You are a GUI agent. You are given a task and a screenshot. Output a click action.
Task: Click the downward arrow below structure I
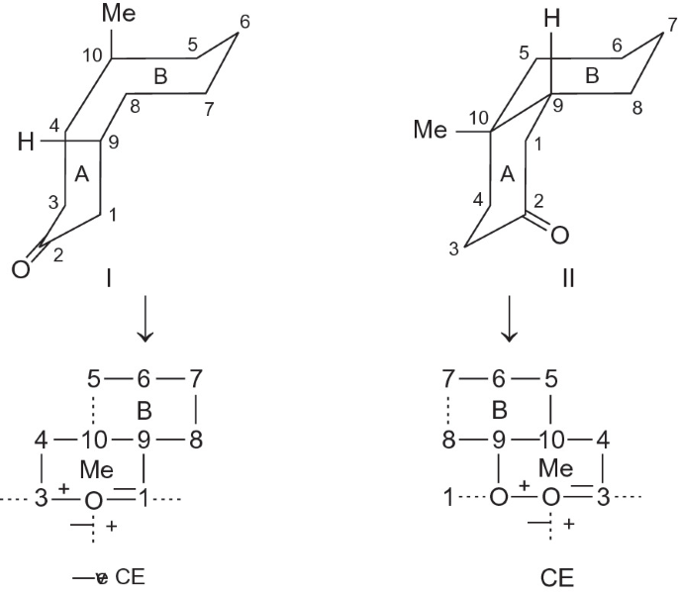click(x=145, y=324)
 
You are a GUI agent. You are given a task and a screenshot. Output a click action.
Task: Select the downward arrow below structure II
click(x=511, y=324)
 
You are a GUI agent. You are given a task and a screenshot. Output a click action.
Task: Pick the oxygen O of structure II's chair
click(x=560, y=236)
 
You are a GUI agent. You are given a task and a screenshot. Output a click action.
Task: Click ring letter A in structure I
click(x=83, y=174)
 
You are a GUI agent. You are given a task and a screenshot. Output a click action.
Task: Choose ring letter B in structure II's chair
click(x=592, y=75)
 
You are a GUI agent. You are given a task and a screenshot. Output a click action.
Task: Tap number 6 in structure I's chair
click(x=244, y=21)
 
